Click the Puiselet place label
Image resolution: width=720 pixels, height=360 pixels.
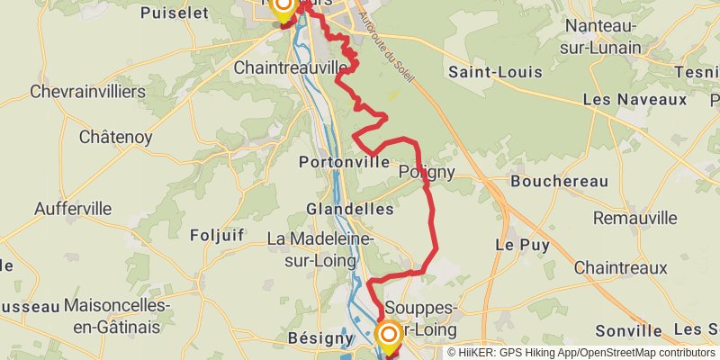point(175,13)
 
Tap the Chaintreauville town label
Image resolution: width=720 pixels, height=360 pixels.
point(291,67)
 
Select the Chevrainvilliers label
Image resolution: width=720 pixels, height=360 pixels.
point(88,92)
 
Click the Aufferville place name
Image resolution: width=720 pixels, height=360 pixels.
point(73,209)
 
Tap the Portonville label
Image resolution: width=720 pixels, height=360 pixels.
point(346,162)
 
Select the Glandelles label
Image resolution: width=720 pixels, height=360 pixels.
point(349,209)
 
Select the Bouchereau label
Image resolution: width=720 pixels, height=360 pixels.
point(559,181)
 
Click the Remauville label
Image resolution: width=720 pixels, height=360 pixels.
point(634,218)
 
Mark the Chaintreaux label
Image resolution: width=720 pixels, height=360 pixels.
point(621,267)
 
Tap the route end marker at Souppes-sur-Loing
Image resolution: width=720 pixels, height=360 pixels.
point(389,337)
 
